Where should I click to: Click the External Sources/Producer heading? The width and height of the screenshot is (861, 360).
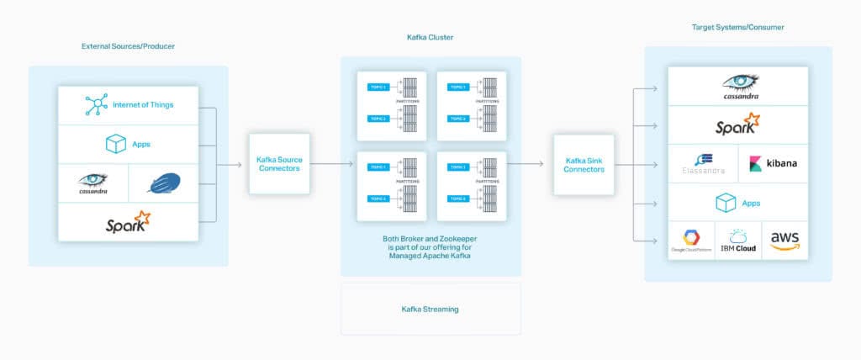pyautogui.click(x=128, y=45)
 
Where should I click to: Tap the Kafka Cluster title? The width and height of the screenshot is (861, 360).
pyautogui.click(x=430, y=37)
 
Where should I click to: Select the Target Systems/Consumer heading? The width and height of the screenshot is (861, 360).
pyautogui.click(x=737, y=27)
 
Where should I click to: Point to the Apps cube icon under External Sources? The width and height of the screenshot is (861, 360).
pyautogui.click(x=115, y=144)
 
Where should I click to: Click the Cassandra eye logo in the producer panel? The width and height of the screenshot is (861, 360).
pyautogui.click(x=93, y=182)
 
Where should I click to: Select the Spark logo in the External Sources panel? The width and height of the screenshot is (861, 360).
pyautogui.click(x=128, y=222)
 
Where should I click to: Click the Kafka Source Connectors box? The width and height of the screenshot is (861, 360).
pyautogui.click(x=279, y=164)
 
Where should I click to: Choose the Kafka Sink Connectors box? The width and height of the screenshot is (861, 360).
pyautogui.click(x=584, y=164)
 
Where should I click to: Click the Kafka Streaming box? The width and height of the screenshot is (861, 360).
pyautogui.click(x=430, y=309)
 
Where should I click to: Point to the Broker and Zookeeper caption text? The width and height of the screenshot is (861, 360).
pyautogui.click(x=430, y=248)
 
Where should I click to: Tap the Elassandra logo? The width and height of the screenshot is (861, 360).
pyautogui.click(x=701, y=163)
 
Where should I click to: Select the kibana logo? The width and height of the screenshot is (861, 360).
pyautogui.click(x=773, y=162)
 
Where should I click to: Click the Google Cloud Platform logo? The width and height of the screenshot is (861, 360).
pyautogui.click(x=689, y=241)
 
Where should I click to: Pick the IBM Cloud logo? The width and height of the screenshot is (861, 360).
pyautogui.click(x=737, y=241)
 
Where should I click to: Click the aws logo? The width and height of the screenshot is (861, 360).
pyautogui.click(x=784, y=240)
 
